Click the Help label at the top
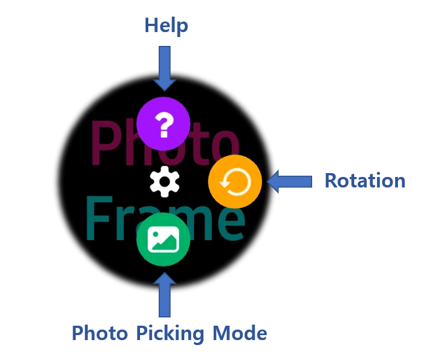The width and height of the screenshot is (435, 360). [x=166, y=25]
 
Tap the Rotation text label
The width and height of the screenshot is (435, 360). [x=365, y=181]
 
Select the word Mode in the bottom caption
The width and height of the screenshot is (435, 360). [x=240, y=333]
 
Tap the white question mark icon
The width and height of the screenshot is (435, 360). [x=163, y=124]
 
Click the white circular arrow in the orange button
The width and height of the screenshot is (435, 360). [x=235, y=182]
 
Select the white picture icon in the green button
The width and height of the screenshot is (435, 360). [x=163, y=239]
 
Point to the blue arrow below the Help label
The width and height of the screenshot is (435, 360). [x=164, y=68]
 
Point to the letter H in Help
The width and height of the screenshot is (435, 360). [x=152, y=25]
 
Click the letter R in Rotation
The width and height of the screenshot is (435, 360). [x=332, y=181]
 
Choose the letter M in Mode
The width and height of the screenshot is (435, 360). [x=222, y=333]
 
